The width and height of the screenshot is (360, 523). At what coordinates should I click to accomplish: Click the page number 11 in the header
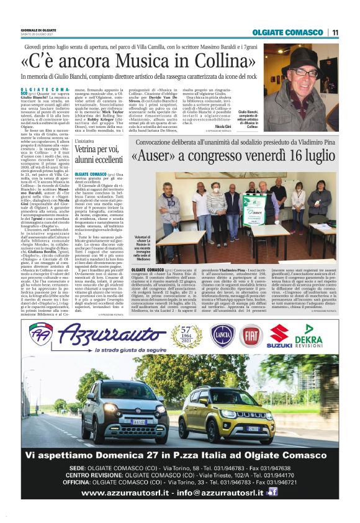335,32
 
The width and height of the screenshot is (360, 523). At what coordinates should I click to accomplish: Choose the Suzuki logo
281,336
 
